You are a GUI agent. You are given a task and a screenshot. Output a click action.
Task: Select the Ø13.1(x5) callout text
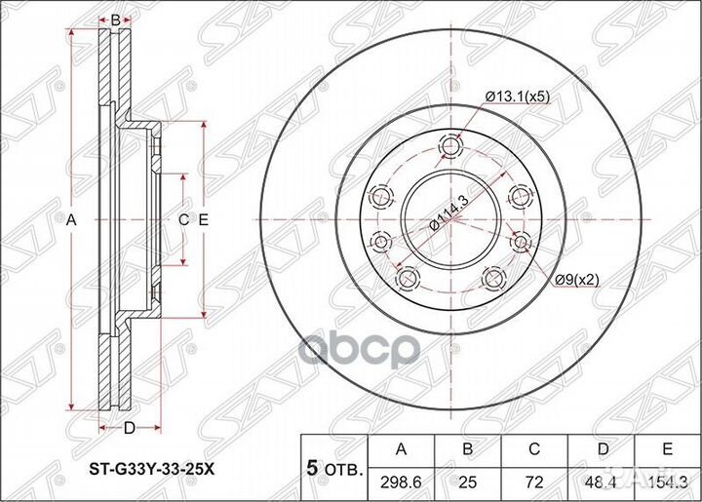coord(519,96)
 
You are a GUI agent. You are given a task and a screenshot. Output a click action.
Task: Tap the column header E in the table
coord(668,447)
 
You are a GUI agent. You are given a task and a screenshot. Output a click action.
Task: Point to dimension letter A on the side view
coord(70,220)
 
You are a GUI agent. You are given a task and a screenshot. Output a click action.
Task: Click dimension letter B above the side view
coord(114,19)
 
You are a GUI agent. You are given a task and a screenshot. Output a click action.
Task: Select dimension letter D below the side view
coord(129,427)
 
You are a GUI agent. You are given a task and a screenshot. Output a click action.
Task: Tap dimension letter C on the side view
coord(182,220)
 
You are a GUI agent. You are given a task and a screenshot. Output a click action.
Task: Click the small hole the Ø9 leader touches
coord(519,242)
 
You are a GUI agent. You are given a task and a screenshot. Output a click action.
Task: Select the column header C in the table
coord(533,447)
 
